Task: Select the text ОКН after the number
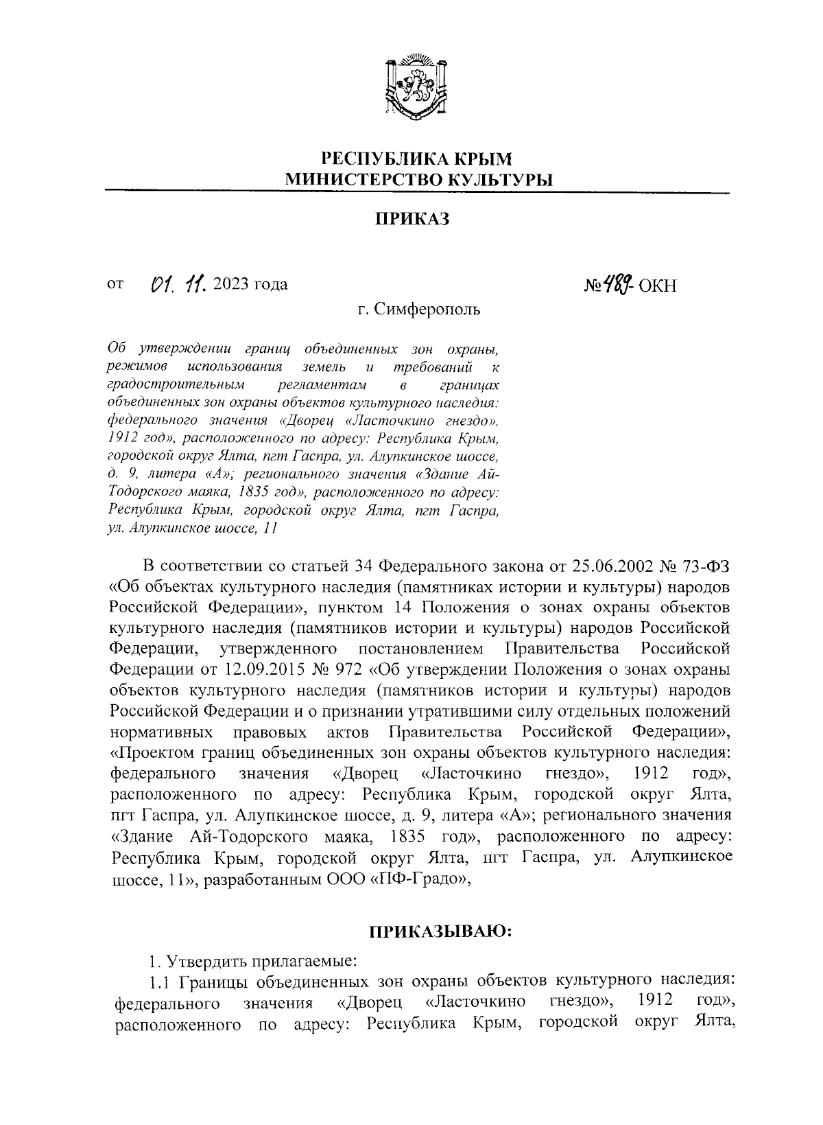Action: point(657,286)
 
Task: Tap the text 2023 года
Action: point(250,284)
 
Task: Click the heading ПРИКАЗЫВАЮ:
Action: point(441,931)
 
